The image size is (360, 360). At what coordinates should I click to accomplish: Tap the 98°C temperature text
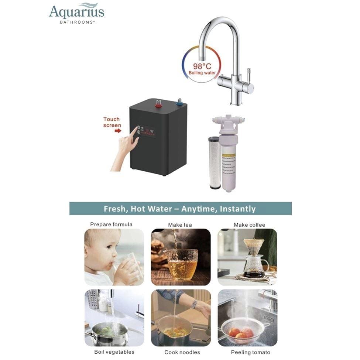tap(202, 66)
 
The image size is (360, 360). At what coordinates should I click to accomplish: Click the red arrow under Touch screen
tap(118, 130)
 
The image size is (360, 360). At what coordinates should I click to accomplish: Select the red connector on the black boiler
tap(158, 103)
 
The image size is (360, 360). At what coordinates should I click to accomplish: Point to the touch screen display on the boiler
tap(146, 131)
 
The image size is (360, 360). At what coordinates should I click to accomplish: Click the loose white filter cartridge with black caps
tap(214, 162)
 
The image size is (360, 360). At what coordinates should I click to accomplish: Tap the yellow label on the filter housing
tap(229, 164)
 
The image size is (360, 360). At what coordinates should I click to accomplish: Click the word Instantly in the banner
tap(237, 209)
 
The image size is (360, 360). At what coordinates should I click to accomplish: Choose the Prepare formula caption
tap(111, 224)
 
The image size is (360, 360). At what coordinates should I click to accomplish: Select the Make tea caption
tap(180, 225)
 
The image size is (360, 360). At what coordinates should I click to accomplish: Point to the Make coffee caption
tap(249, 225)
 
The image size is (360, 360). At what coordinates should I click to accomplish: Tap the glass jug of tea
tap(181, 264)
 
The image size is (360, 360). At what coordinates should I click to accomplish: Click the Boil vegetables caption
tap(114, 352)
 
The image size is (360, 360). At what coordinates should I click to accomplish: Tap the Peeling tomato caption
tap(250, 352)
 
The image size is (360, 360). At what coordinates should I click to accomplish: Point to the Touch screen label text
tap(112, 122)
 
